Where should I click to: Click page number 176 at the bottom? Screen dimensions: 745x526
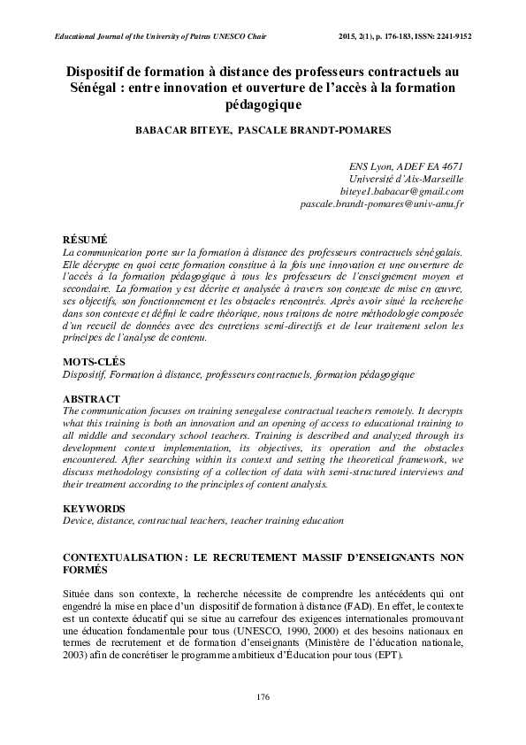click(263, 697)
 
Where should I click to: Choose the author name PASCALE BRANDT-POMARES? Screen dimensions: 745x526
click(314, 130)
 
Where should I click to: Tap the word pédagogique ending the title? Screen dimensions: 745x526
click(263, 105)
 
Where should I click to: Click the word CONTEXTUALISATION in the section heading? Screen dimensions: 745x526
click(123, 557)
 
